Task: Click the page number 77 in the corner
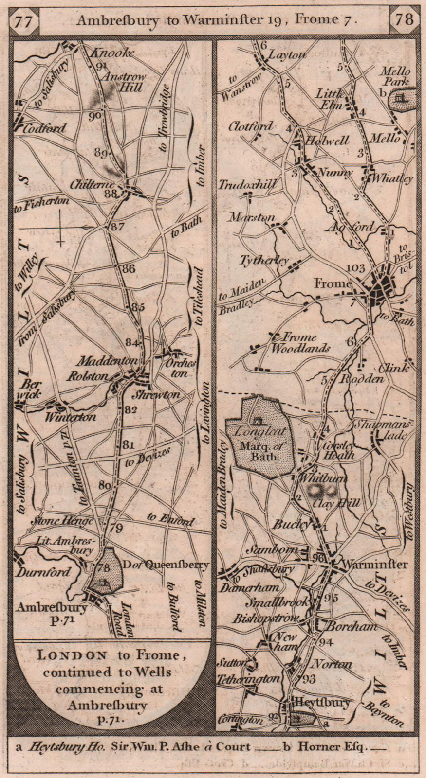(24, 21)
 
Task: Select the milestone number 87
(117, 226)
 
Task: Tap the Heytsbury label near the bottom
(320, 702)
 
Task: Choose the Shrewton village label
(162, 395)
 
